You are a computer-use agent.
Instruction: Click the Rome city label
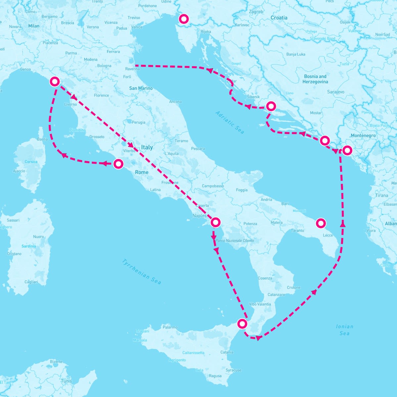pyautogui.click(x=142, y=172)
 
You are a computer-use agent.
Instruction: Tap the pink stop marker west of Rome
pyautogui.click(x=118, y=164)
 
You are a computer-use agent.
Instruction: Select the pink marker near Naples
pyautogui.click(x=215, y=222)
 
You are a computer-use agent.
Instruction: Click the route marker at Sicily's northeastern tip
pyautogui.click(x=243, y=324)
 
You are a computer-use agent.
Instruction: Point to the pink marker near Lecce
pyautogui.click(x=321, y=223)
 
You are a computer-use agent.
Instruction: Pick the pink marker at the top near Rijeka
pyautogui.click(x=183, y=19)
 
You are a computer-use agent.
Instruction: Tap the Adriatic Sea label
pyautogui.click(x=230, y=122)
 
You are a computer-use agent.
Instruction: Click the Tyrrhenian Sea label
pyautogui.click(x=142, y=271)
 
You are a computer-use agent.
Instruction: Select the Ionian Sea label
pyautogui.click(x=344, y=330)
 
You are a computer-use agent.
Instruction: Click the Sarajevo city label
pyautogui.click(x=335, y=92)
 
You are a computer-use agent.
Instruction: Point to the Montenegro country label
pyautogui.click(x=363, y=136)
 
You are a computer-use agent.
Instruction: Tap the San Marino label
pyautogui.click(x=141, y=88)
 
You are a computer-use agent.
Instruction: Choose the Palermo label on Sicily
pyautogui.click(x=170, y=327)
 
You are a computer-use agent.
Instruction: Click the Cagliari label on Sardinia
pyautogui.click(x=31, y=282)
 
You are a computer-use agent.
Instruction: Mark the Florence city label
pyautogui.click(x=101, y=95)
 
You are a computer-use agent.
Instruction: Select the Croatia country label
pyautogui.click(x=279, y=18)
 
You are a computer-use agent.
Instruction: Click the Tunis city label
pyautogui.click(x=66, y=381)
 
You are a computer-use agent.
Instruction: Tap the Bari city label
pyautogui.click(x=285, y=204)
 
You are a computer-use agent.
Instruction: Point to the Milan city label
pyautogui.click(x=34, y=26)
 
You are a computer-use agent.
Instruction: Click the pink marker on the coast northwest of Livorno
pyautogui.click(x=55, y=81)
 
